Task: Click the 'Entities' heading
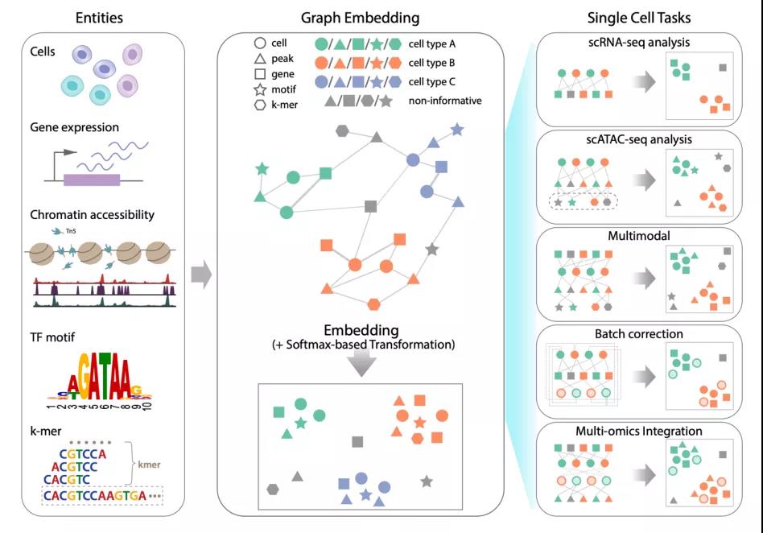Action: pos(99,18)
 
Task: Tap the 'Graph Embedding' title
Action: pos(360,18)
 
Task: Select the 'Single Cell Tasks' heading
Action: pos(639,18)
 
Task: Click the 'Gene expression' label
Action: pos(75,127)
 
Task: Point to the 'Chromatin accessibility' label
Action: pos(92,215)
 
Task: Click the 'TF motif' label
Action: pos(52,337)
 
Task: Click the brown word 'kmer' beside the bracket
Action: pos(149,465)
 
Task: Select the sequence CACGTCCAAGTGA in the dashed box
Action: pos(95,495)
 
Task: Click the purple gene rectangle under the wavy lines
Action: pos(92,180)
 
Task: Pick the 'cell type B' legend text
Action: pos(431,63)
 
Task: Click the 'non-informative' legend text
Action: pos(445,101)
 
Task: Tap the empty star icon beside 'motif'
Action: pos(260,89)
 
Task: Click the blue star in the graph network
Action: pos(456,130)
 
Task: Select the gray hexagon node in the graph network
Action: pos(342,130)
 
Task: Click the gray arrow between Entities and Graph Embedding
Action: pos(201,275)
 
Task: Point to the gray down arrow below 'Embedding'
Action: pos(361,363)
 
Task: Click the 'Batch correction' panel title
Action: pos(639,334)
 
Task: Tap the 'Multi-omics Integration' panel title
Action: pos(639,432)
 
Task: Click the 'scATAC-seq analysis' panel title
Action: pos(639,140)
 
